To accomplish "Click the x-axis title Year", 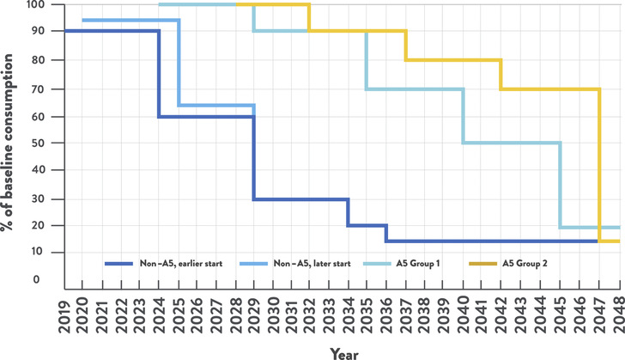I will coord(331,351).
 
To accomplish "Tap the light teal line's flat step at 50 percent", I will coord(511,143).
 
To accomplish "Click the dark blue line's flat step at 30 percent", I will coord(300,198).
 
